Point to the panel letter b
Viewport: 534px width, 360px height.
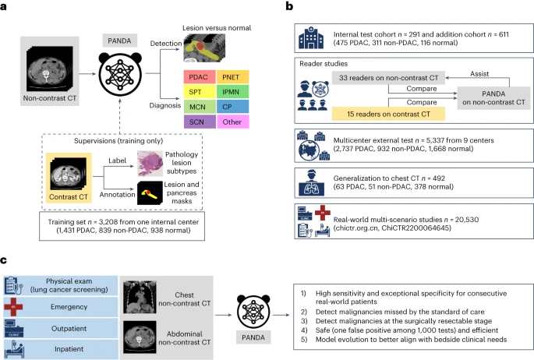tap(291, 6)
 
